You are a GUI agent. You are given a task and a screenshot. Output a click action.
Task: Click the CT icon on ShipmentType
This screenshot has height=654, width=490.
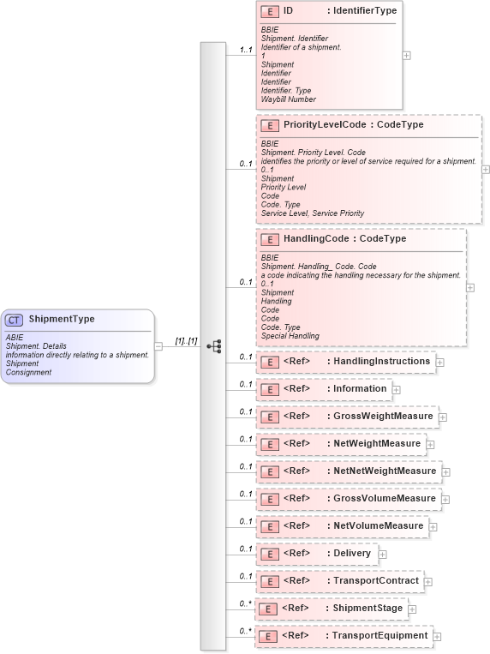15,320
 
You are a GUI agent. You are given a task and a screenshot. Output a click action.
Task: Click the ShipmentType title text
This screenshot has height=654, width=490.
62,320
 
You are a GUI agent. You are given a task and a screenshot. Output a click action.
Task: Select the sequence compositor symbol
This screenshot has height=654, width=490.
214,346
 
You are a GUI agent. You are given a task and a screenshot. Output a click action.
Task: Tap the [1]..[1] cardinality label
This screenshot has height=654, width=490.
186,341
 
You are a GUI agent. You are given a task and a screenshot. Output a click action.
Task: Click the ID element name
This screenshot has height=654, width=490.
289,11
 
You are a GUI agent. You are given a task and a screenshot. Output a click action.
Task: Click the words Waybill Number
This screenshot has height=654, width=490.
289,99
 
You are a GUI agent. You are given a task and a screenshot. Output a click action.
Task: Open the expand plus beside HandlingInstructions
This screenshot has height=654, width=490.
439,363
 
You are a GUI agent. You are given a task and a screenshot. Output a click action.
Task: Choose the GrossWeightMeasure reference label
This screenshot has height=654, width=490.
383,417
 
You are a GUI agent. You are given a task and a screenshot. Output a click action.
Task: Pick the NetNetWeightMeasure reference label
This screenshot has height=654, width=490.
385,471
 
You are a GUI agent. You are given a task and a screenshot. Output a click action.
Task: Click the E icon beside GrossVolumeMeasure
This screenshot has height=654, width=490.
269,499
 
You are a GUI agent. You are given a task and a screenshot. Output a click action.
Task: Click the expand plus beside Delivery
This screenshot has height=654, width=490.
382,554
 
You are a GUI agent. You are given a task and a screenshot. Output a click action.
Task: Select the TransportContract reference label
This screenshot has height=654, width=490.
376,581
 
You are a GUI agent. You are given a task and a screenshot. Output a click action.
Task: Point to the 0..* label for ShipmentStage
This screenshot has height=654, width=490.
245,604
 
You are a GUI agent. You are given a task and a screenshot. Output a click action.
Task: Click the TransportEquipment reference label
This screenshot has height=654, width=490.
379,636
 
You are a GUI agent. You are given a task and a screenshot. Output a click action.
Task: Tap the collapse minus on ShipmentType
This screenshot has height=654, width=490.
158,346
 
